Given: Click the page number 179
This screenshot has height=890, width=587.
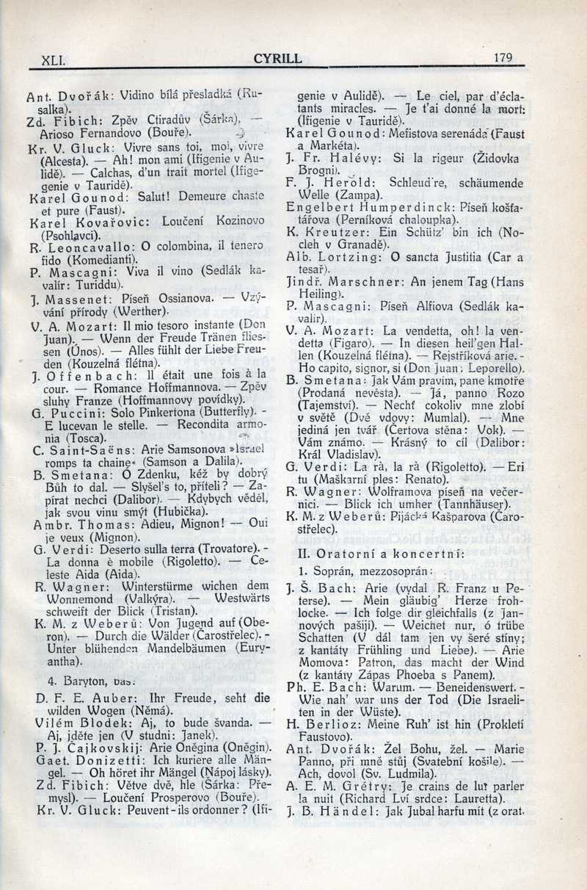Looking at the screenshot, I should pyautogui.click(x=503, y=58).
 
